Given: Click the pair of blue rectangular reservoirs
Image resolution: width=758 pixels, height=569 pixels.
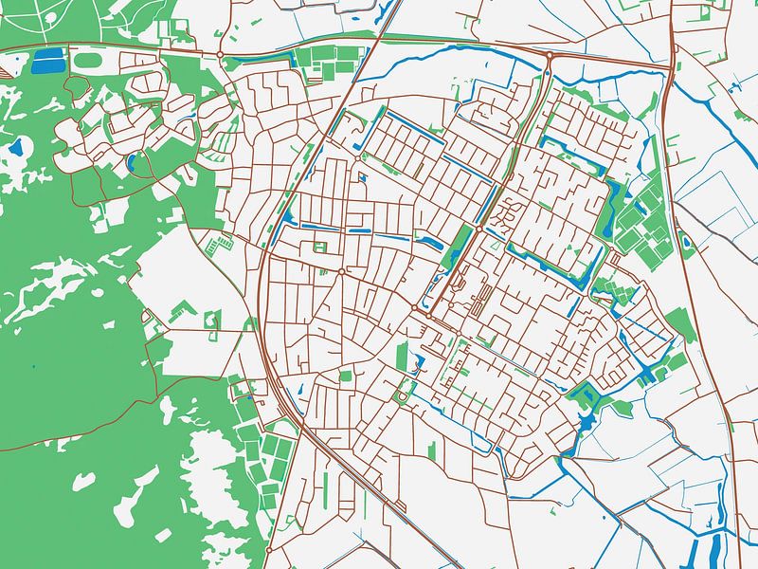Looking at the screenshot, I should [46, 61].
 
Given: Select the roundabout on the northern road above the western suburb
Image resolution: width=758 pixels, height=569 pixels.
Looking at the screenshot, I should [220, 55].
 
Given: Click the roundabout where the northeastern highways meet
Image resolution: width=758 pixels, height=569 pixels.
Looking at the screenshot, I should [549, 58].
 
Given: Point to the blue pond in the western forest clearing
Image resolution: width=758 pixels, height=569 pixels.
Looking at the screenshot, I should [16, 147].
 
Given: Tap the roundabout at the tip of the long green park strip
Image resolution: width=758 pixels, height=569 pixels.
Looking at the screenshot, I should [479, 228].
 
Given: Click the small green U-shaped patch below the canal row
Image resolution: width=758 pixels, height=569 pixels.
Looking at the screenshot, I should [320, 247].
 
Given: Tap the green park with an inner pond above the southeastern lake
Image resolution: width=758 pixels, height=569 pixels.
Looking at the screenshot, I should [586, 390].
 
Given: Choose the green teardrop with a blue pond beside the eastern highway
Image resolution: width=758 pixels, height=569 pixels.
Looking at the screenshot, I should [687, 244].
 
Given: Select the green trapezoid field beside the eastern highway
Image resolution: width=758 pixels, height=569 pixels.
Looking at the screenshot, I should [680, 323].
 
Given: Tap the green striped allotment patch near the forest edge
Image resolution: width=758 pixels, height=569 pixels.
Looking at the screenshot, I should [219, 245].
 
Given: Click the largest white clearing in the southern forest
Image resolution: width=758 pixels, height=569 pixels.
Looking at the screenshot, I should [213, 455].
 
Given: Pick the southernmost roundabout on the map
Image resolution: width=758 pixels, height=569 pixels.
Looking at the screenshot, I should [269, 549].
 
